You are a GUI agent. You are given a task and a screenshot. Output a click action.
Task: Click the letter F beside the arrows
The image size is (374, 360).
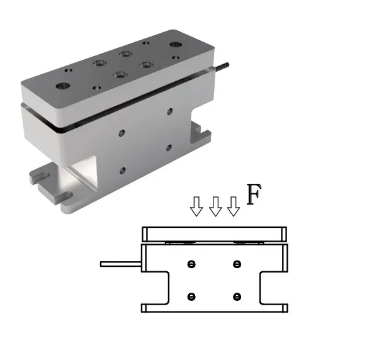[253, 195]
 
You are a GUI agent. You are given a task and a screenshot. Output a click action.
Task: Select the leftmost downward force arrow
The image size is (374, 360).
[196, 206]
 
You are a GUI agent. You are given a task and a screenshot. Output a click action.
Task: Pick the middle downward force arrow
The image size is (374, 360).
[215, 206]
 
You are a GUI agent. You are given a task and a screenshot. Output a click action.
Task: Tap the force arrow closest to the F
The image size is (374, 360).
[234, 206]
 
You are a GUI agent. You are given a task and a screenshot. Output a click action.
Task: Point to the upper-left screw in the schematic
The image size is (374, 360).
[191, 264]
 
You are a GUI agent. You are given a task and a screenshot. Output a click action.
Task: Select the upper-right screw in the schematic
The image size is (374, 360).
[237, 264]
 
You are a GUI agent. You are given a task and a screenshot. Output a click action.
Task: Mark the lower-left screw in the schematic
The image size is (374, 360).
[191, 296]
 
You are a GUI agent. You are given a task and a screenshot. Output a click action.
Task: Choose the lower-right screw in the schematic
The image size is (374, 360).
[237, 296]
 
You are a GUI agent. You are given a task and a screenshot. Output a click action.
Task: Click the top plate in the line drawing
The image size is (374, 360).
[215, 233]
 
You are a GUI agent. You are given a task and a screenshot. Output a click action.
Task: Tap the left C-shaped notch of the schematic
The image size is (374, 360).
[157, 289]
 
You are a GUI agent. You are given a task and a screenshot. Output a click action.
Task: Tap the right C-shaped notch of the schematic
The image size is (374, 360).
[272, 289]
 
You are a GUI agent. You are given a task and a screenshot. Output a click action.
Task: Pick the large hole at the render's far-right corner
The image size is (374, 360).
[174, 45]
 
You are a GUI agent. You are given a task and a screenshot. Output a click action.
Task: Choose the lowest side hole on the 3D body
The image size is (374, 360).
[122, 170]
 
